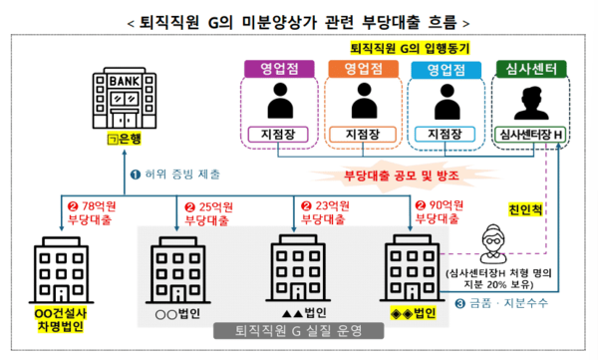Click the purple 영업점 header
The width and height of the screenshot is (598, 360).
[272, 69]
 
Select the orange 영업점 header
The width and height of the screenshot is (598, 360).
[355, 69]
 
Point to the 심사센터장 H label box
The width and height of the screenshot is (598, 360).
[531, 135]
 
